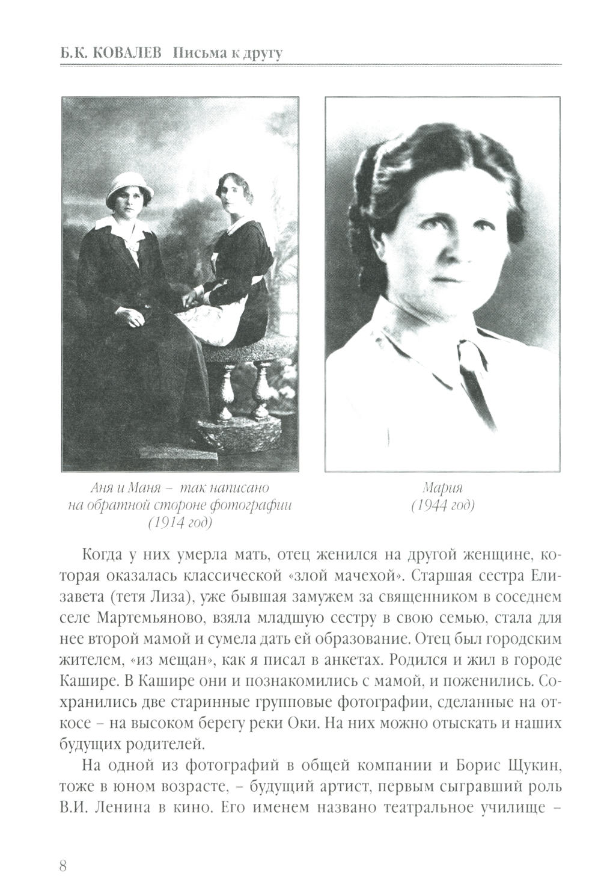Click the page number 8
point(63,866)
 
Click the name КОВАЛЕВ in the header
point(127,54)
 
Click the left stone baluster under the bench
point(227,390)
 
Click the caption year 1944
point(434,505)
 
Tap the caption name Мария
point(443,488)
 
